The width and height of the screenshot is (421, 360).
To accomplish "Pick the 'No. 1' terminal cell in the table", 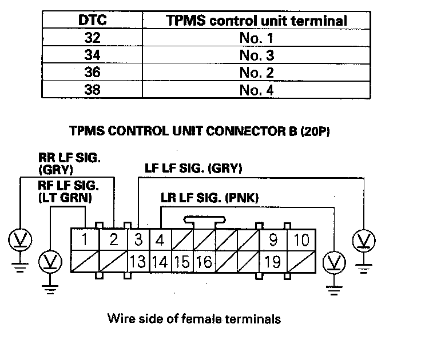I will [257, 38].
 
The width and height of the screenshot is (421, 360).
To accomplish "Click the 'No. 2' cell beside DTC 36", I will [257, 73].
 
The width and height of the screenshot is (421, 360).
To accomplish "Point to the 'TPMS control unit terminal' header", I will [257, 21].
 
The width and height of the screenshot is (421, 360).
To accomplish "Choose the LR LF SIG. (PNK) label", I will [210, 198].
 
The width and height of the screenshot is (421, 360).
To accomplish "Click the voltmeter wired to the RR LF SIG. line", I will [20, 240].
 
